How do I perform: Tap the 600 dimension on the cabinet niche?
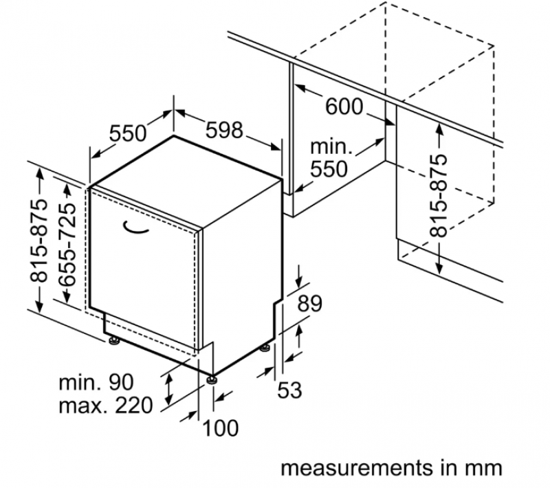pos(343,107)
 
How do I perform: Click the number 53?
pos(289,390)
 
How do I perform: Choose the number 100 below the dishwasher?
pos(221,428)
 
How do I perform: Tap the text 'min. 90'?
pos(96,382)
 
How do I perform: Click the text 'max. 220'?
pos(106,406)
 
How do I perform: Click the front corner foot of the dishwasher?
pos(212,378)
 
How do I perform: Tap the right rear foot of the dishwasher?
pos(265,348)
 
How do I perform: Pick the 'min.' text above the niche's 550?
pos(331,146)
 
